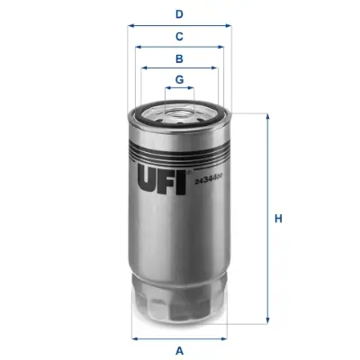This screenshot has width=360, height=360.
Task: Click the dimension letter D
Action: [179, 13]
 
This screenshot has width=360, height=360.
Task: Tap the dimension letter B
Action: [179, 58]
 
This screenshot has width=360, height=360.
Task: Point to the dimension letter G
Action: [180, 80]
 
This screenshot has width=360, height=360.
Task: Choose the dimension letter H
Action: [278, 218]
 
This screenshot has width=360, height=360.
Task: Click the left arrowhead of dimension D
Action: [131, 26]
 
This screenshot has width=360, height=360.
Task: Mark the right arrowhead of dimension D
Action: [229, 26]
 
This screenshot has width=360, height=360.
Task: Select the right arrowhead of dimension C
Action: [222, 48]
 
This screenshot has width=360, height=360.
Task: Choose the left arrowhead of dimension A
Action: [135, 338]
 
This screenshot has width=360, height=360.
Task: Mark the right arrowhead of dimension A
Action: [225, 338]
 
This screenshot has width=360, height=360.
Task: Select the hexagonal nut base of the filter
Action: [180, 304]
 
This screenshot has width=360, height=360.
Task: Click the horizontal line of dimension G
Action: [180, 90]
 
